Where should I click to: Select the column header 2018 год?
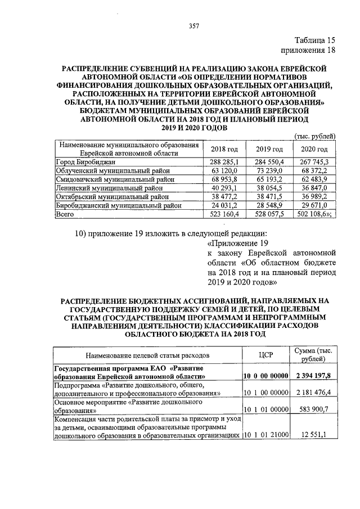point(224,150)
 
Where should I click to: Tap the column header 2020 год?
point(314,150)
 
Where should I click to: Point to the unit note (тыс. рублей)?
point(316,136)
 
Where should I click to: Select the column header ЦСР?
point(265,355)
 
